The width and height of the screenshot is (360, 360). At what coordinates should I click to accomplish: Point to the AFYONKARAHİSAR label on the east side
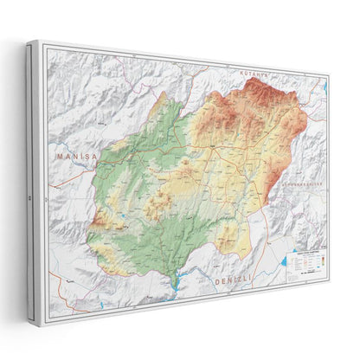294,183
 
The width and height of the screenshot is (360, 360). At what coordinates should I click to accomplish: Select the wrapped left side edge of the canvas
33,173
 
